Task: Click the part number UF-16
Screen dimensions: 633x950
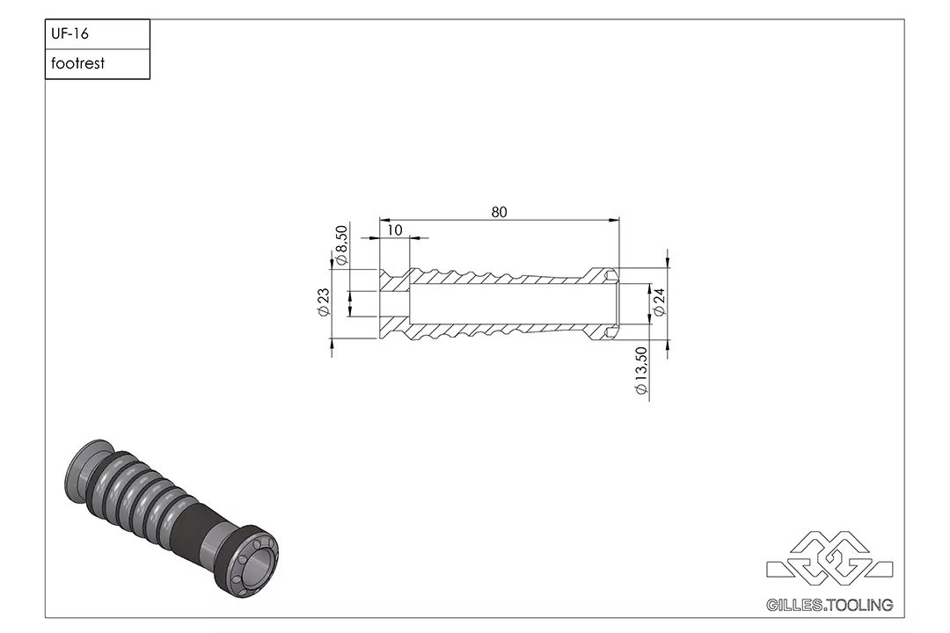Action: [x=70, y=35]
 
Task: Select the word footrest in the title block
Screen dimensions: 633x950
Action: [x=77, y=64]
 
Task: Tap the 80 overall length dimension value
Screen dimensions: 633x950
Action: [x=499, y=212]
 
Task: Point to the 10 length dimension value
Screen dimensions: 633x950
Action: [x=394, y=229]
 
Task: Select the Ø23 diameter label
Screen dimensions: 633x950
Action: [x=323, y=302]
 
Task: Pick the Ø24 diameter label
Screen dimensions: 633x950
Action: [x=659, y=302]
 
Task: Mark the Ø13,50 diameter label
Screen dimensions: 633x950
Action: [x=641, y=370]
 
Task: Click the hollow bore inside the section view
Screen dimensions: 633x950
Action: [x=510, y=303]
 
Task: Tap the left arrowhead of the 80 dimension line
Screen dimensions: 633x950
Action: [x=382, y=220]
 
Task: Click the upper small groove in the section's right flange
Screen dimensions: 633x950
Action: [x=610, y=274]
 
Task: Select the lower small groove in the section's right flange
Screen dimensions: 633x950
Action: [x=610, y=332]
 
